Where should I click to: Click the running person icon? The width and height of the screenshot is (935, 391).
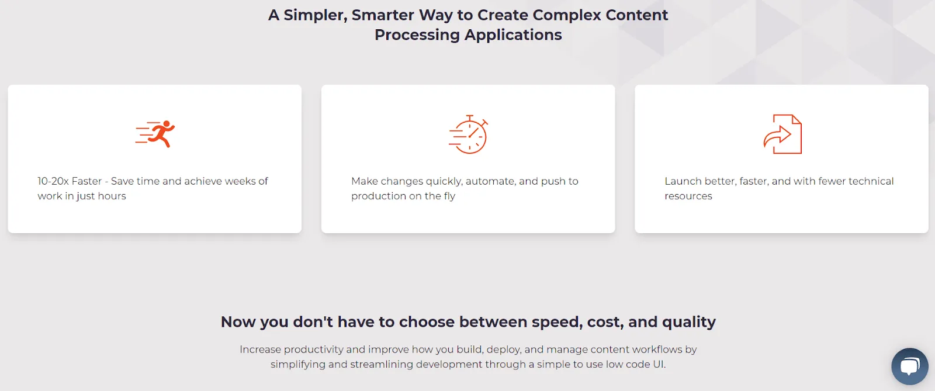click(155, 134)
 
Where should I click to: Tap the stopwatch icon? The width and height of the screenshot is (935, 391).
click(468, 134)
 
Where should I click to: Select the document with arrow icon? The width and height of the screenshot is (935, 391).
click(782, 134)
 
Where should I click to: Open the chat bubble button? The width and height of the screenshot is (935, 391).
click(909, 366)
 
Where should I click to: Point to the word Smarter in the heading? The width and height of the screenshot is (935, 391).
click(383, 15)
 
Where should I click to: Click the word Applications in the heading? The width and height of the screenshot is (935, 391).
click(513, 35)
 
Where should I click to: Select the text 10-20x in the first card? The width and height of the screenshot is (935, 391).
click(53, 181)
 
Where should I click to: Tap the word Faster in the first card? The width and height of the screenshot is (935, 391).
click(86, 181)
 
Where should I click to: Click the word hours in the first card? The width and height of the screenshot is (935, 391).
click(112, 196)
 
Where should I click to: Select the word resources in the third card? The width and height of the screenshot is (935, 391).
click(688, 196)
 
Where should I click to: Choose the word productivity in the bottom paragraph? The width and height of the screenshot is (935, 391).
click(313, 350)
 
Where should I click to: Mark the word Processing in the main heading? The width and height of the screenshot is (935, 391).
click(417, 35)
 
